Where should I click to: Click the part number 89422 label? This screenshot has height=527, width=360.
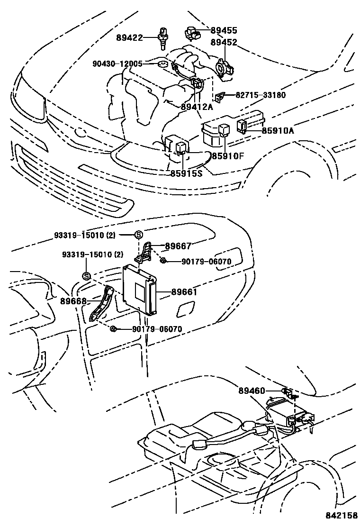coord(129,37)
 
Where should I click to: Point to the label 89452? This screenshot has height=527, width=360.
coord(224,43)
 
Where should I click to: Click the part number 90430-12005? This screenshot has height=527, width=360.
coord(118,63)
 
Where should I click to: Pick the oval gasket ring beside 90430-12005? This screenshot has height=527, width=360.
coord(162,64)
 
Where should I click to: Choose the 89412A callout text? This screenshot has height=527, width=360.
coord(197,107)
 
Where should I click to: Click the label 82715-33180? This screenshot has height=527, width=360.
coord(261,95)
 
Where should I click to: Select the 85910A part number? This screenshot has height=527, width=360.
coord(277,130)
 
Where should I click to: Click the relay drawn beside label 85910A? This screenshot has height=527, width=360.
coord(242,126)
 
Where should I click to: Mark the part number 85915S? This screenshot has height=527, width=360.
coord(186,173)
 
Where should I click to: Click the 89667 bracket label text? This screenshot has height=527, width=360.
coord(178,246)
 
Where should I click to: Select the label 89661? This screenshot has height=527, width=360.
coord(184,292)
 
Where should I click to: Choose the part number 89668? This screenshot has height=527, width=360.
coord(73,300)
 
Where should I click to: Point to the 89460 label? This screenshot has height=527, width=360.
coord(252,391)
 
